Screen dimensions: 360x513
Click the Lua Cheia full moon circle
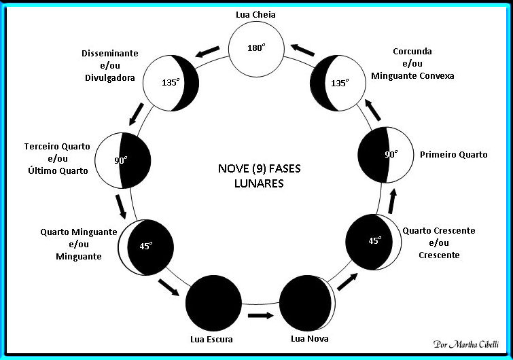(255, 48)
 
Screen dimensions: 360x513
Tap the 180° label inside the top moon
(255, 48)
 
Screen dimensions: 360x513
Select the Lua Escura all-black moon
(213, 304)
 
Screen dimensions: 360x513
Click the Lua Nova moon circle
(306, 304)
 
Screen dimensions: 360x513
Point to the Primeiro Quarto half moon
(386, 155)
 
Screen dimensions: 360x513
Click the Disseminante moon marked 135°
(171, 83)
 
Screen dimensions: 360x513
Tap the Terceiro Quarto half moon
(122, 161)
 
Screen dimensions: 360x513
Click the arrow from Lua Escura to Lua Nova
(260, 315)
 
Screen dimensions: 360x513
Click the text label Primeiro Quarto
(454, 154)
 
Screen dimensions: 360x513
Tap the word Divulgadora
(109, 77)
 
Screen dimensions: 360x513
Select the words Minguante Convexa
(412, 76)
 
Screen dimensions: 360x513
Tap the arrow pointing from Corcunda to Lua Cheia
(302, 51)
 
